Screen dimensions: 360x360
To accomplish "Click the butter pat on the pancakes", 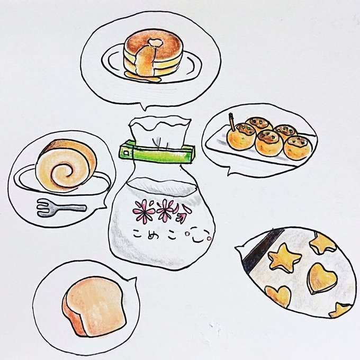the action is click(x=156, y=43).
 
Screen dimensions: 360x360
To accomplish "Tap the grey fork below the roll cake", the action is click(x=61, y=208).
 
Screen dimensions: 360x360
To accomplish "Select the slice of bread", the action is click(x=94, y=307).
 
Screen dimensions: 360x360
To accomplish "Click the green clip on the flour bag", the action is click(x=157, y=152).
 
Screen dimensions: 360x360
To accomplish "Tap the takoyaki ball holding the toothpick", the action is click(x=241, y=137).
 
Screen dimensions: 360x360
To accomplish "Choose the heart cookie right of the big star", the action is click(x=322, y=278).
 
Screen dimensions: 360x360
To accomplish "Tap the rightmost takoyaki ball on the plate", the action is click(x=298, y=148).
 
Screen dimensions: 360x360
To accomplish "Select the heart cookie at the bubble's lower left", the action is click(x=278, y=296).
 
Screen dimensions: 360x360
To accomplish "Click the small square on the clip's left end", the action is click(x=125, y=152).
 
